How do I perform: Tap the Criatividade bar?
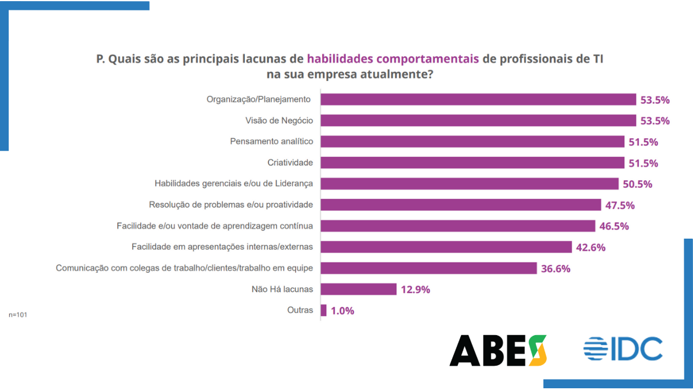472,162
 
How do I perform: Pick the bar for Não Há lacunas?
359,289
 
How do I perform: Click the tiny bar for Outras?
323,310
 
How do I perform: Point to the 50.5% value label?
638,184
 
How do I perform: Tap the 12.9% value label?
416,289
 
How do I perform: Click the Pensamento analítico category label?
271,142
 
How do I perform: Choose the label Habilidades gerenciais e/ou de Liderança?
234,184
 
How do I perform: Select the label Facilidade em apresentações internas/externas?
222,247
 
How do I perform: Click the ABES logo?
498,350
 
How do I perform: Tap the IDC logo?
623,350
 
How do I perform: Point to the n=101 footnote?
18,315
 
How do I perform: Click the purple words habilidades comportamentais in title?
393,59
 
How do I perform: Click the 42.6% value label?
591,247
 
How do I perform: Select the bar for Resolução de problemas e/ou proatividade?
461,205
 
